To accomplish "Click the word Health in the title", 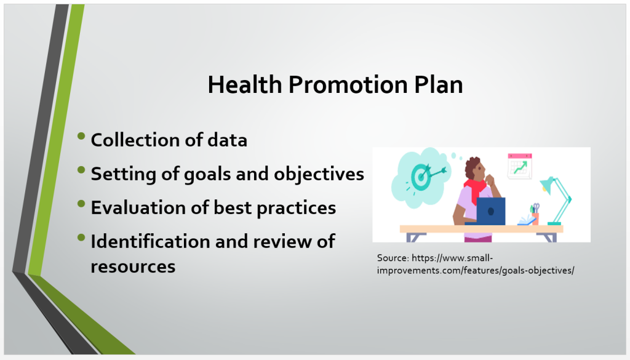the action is tap(245, 85).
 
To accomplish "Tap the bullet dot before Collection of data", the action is tap(81, 136).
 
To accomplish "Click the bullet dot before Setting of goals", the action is tap(81, 170).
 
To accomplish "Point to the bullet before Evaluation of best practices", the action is tap(81, 204).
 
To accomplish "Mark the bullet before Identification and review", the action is tap(81, 238).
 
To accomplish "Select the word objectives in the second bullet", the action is tap(319, 174).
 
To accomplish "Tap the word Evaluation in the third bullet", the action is tap(138, 208).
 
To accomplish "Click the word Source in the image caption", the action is tap(393, 258).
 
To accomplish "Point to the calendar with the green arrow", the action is tap(519, 166).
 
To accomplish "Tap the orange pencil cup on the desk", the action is tap(535, 218).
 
